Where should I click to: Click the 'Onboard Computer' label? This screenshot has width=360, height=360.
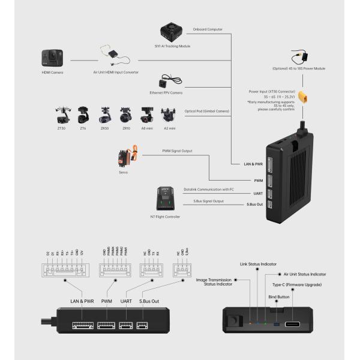pyautogui.click(x=207, y=29)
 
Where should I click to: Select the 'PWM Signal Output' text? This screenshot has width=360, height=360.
pyautogui.click(x=178, y=151)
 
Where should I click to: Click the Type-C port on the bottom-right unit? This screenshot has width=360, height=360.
pyautogui.click(x=293, y=325)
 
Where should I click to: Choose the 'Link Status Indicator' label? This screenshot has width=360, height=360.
pyautogui.click(x=258, y=263)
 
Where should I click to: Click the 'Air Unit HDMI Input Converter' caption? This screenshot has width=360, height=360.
pyautogui.click(x=115, y=72)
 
